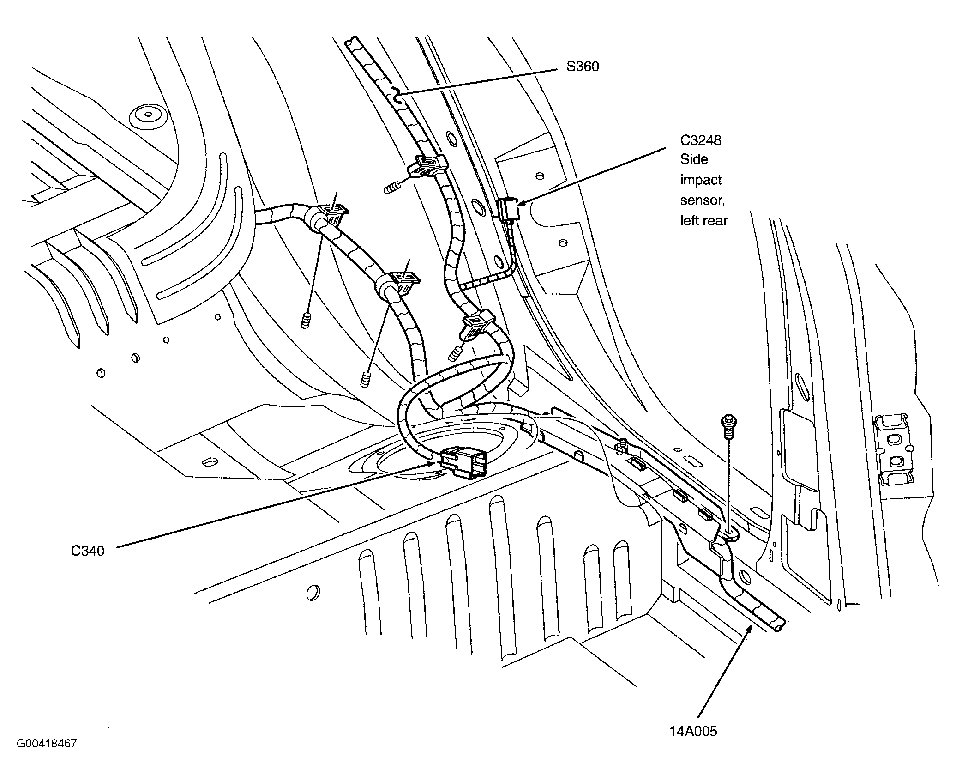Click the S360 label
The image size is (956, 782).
click(x=583, y=67)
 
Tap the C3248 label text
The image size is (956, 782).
click(x=700, y=140)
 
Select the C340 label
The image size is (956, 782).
click(x=88, y=551)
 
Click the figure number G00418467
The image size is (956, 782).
click(x=47, y=757)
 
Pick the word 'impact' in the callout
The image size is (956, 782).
click(x=701, y=180)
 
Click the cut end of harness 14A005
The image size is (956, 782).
click(x=778, y=627)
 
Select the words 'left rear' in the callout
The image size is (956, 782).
click(x=703, y=221)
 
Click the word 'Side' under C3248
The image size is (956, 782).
click(x=694, y=159)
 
